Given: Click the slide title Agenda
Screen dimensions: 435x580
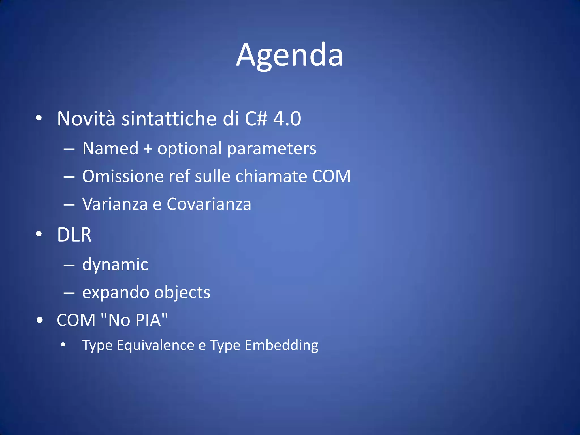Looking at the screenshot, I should click(289, 55).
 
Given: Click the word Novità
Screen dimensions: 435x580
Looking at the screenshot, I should click(86, 119).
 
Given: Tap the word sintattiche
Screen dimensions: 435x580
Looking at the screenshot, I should click(169, 119).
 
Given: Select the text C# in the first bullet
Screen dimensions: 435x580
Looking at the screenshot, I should click(256, 119).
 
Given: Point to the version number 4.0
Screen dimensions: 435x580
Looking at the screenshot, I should click(287, 119).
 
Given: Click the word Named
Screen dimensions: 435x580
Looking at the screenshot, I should click(110, 148).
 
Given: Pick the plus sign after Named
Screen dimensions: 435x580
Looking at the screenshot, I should click(148, 149).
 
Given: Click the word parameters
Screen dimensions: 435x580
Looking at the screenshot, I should click(272, 149).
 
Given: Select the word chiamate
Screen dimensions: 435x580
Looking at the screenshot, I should click(271, 176).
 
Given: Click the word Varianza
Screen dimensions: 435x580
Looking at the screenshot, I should click(115, 204).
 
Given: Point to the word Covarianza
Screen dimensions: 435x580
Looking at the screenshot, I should click(209, 204).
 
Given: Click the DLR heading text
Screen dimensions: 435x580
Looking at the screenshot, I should click(74, 235).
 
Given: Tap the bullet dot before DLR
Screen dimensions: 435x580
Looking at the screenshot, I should click(39, 234).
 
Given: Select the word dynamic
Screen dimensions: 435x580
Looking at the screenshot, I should click(115, 265).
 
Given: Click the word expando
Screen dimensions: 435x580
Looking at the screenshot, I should click(115, 293).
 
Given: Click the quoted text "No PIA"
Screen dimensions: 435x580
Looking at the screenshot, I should click(134, 320).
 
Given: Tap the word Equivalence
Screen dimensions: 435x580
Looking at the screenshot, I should click(155, 345).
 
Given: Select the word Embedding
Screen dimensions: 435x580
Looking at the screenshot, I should click(281, 345).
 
